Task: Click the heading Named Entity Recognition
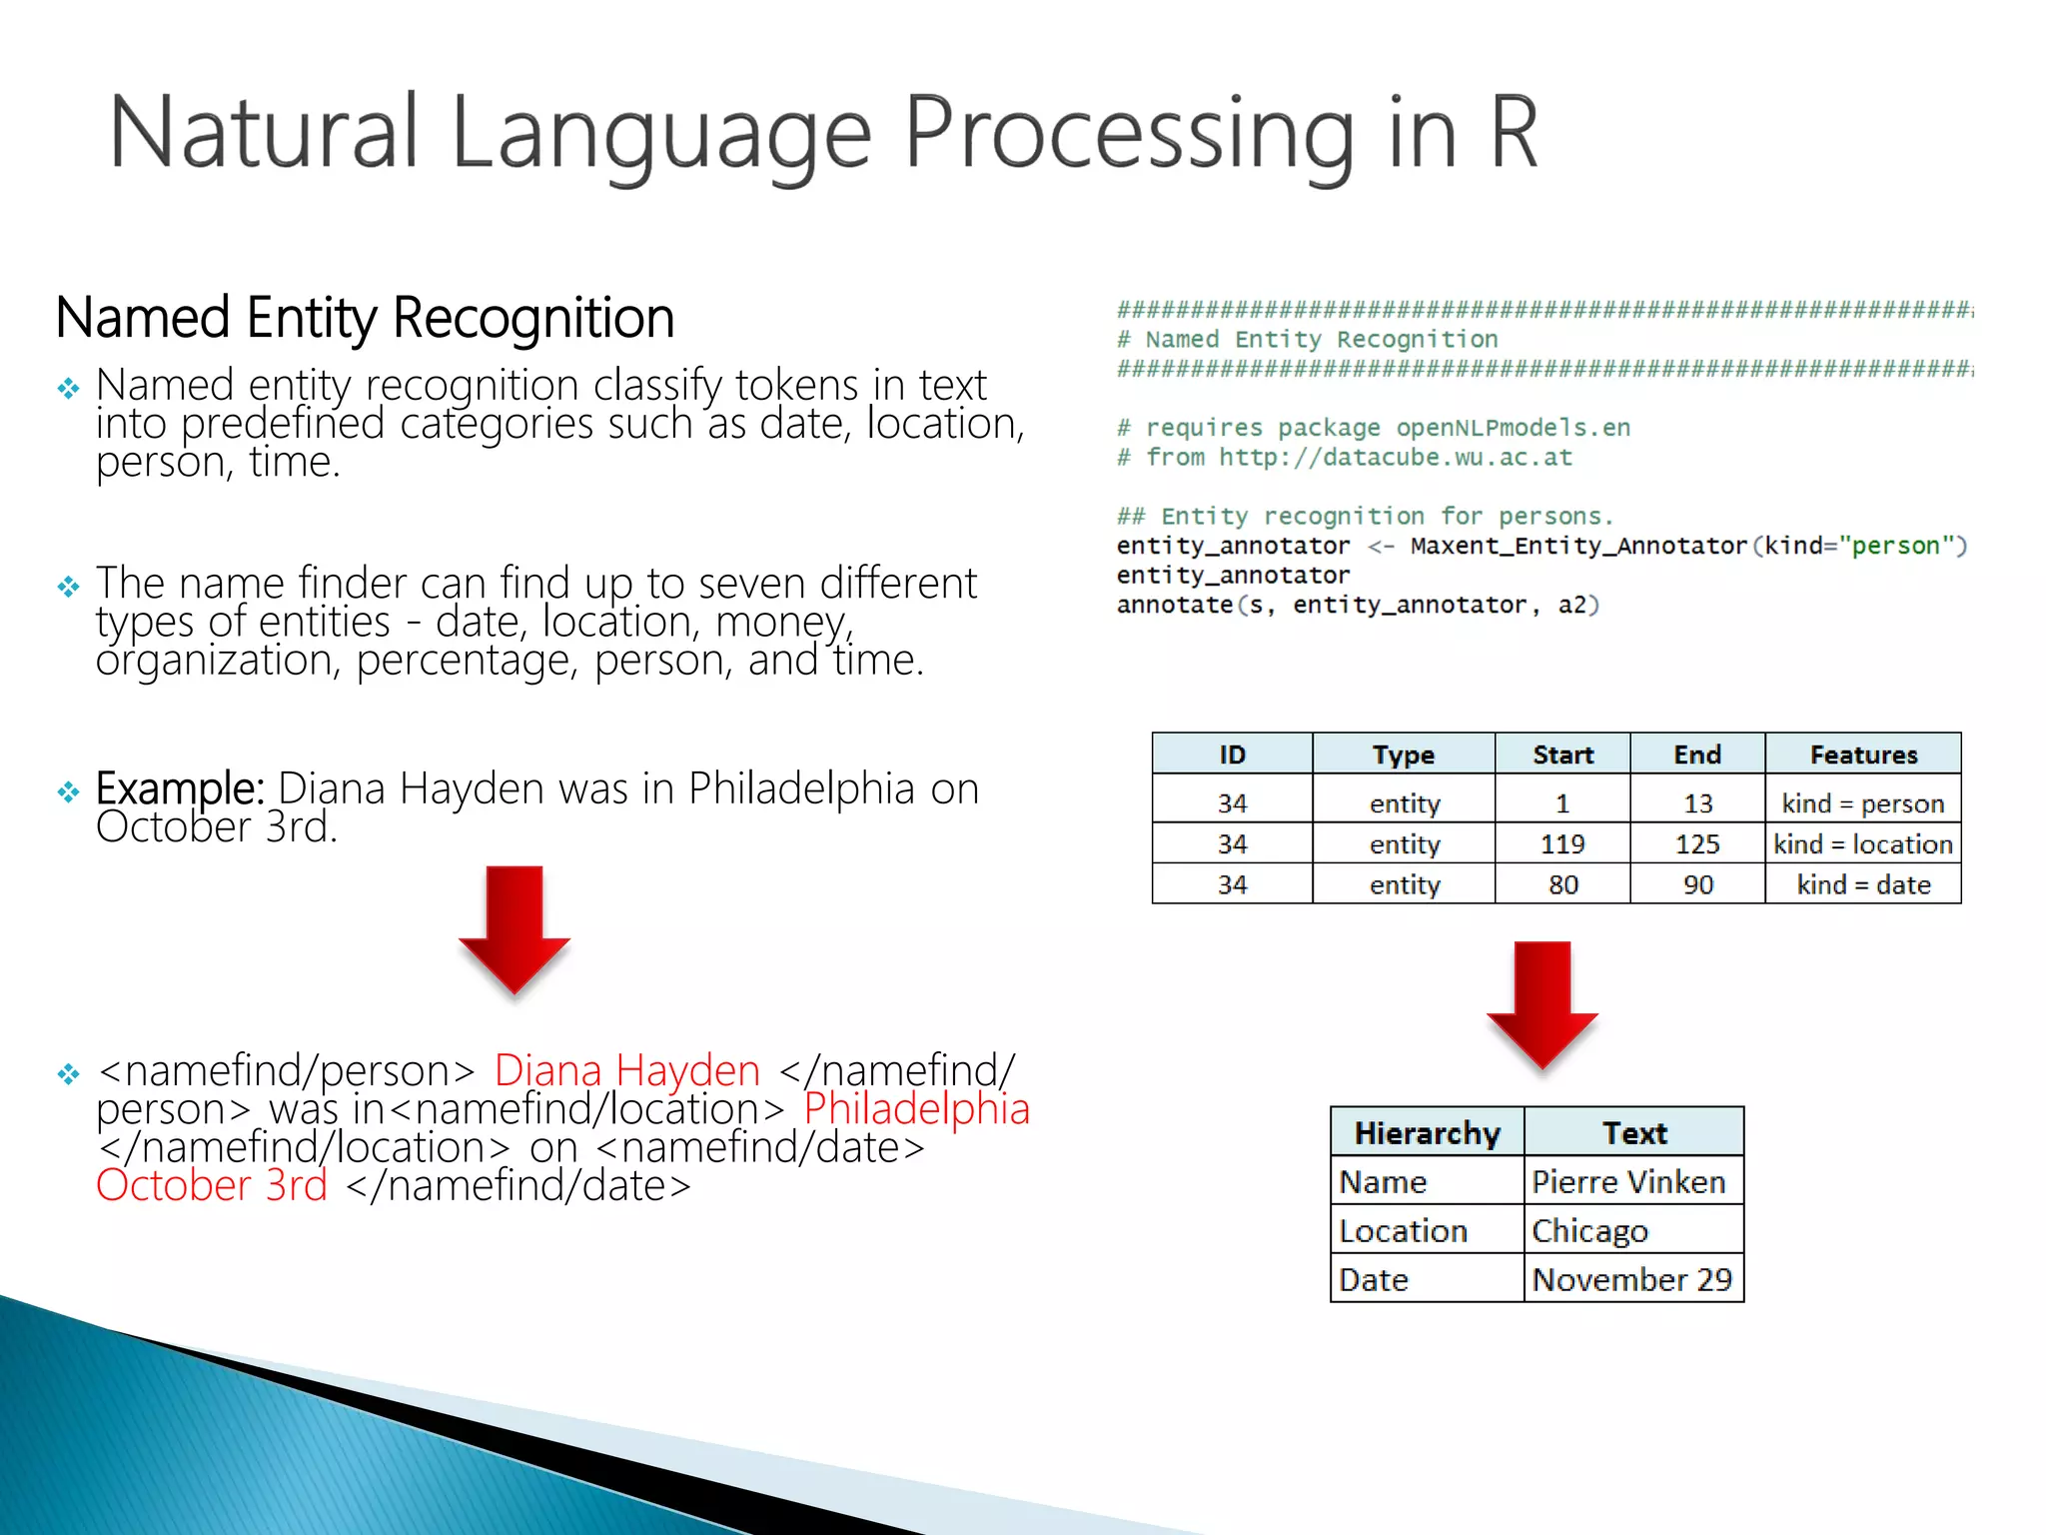pyautogui.click(x=365, y=318)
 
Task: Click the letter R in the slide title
pyautogui.click(x=1513, y=133)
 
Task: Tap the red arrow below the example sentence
pyautogui.click(x=514, y=929)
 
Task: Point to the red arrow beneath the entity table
pyautogui.click(x=1541, y=1004)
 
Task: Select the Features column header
pyautogui.click(x=1863, y=755)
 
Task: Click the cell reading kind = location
pyautogui.click(x=1863, y=844)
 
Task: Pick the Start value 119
pyautogui.click(x=1562, y=844)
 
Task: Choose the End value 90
pyautogui.click(x=1697, y=885)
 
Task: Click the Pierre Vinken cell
pyautogui.click(x=1628, y=1182)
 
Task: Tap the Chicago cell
pyautogui.click(x=1589, y=1231)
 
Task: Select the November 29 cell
pyautogui.click(x=1631, y=1280)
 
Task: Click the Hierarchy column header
pyautogui.click(x=1427, y=1133)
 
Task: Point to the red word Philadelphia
pyautogui.click(x=916, y=1109)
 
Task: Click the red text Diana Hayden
pyautogui.click(x=627, y=1071)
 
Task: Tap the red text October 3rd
pyautogui.click(x=212, y=1186)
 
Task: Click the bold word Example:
pyautogui.click(x=180, y=788)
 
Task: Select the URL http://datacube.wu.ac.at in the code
pyautogui.click(x=1395, y=458)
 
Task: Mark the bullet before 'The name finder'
pyautogui.click(x=68, y=587)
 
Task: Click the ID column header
pyautogui.click(x=1232, y=755)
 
